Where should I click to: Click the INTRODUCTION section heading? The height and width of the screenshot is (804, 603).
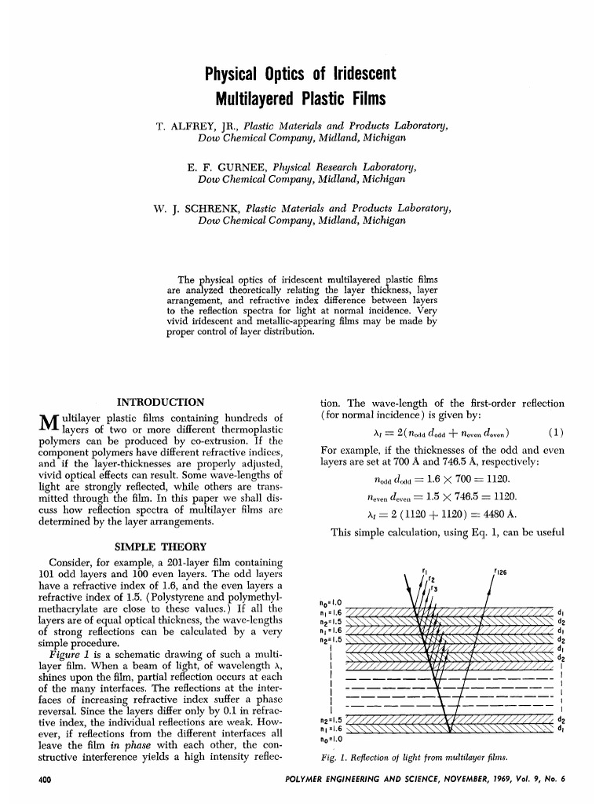160,403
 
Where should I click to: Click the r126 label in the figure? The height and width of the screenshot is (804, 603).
499,571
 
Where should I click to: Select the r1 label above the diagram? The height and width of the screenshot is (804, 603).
424,570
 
